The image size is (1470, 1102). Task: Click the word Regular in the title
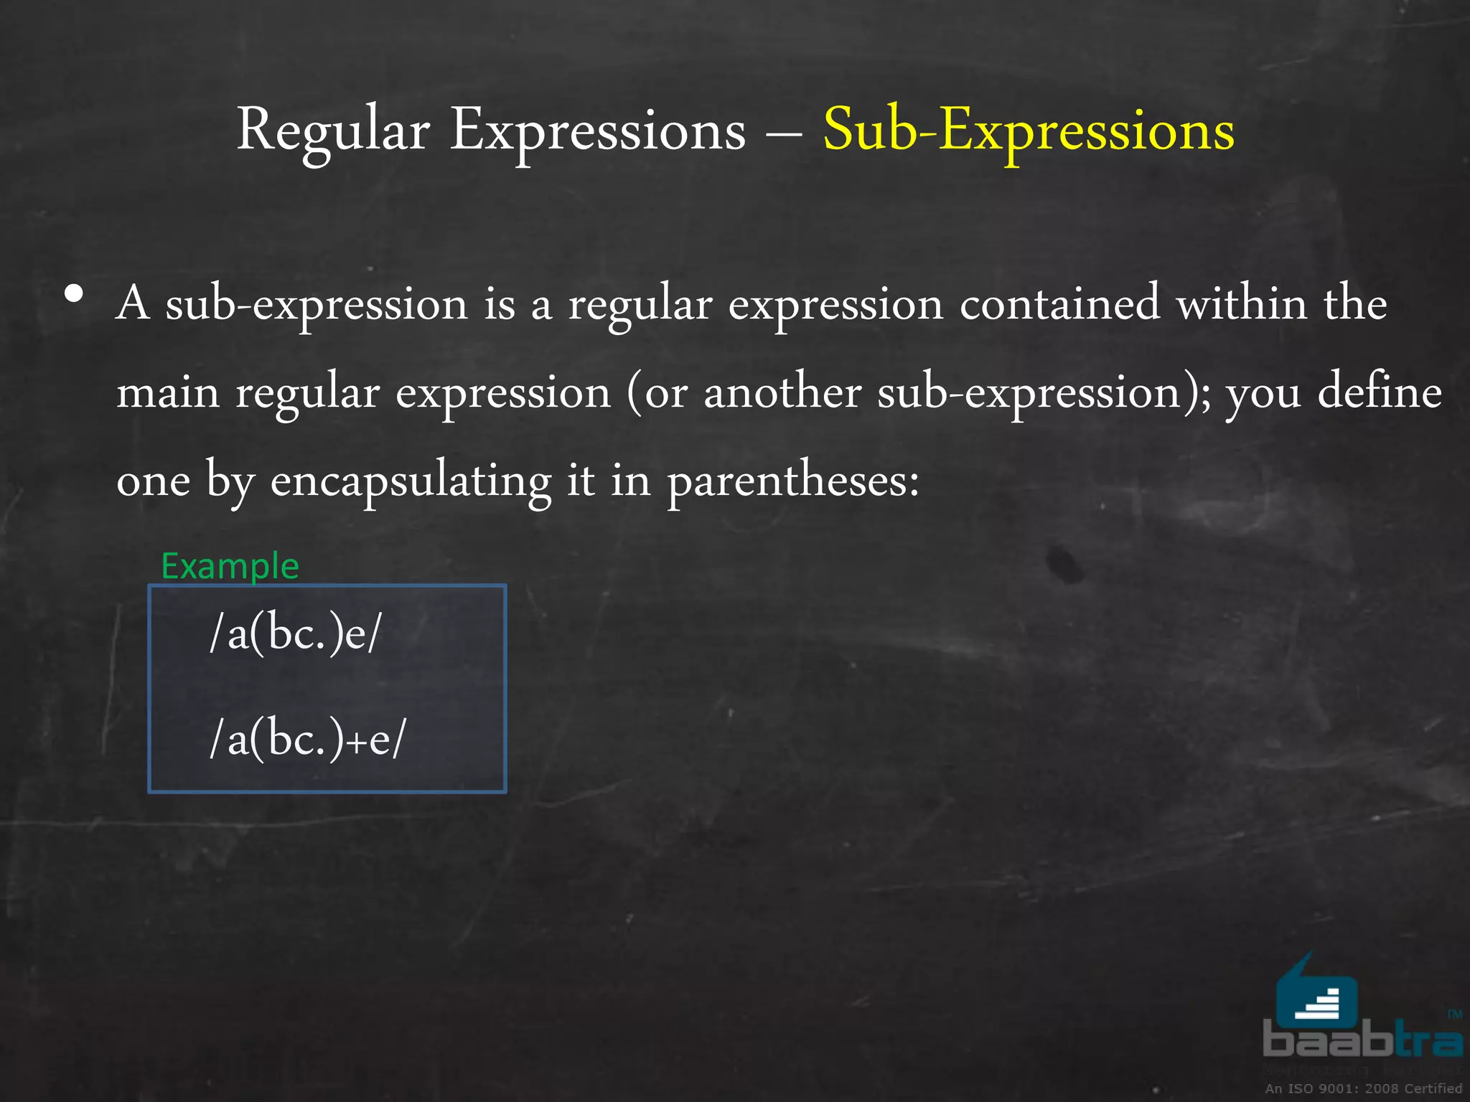click(333, 131)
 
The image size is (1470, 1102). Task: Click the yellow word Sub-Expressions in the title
click(1028, 131)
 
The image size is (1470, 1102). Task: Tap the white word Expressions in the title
click(598, 131)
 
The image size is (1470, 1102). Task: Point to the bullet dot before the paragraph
click(73, 294)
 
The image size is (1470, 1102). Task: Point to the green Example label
click(230, 566)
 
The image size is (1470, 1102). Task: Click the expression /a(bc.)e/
click(294, 634)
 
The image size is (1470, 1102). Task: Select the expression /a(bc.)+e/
click(307, 739)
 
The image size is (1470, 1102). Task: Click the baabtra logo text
click(1362, 1041)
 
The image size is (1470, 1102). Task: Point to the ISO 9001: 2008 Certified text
click(1363, 1088)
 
